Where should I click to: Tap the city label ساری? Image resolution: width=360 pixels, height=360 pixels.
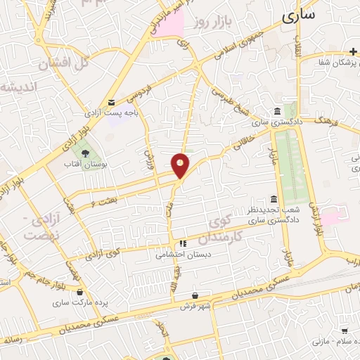(x=298, y=15)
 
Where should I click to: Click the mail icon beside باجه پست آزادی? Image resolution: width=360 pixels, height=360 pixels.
(x=112, y=103)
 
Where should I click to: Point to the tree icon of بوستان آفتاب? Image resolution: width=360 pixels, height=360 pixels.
(x=85, y=151)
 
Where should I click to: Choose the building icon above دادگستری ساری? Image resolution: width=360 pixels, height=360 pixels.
(x=276, y=112)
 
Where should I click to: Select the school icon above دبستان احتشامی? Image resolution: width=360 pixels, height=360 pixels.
(x=183, y=244)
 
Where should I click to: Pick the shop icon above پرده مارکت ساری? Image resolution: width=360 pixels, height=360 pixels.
(x=81, y=292)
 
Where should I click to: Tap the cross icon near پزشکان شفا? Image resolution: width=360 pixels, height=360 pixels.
(x=353, y=51)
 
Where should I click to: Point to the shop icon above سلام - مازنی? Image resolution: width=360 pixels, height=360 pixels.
(x=345, y=329)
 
